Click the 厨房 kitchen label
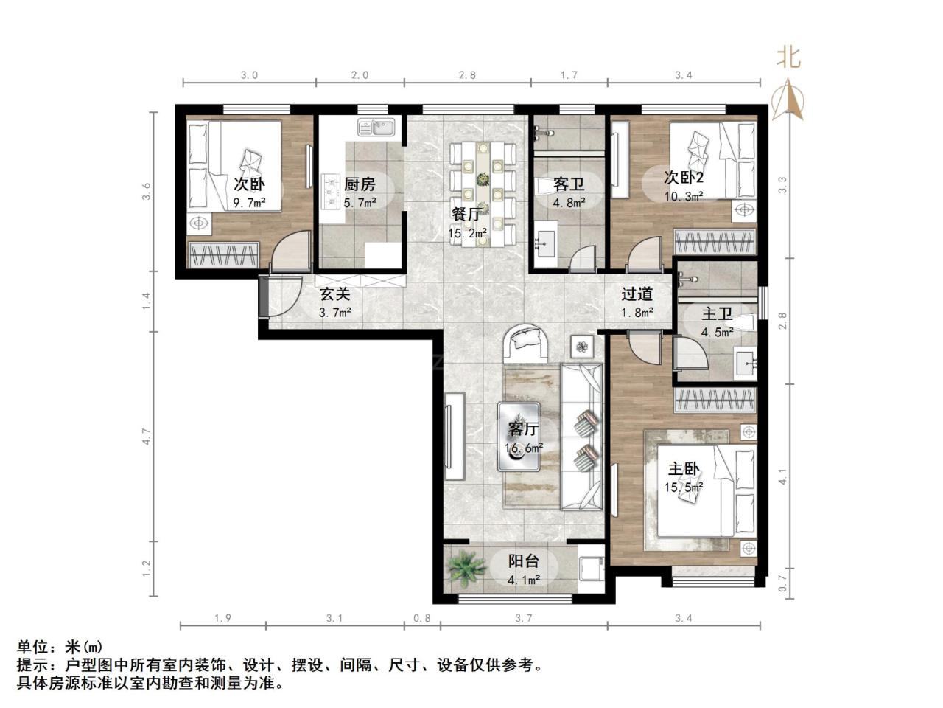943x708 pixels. (x=360, y=185)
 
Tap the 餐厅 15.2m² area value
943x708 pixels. (x=468, y=234)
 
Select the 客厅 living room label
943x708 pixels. (x=523, y=428)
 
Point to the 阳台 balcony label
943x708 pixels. (x=523, y=561)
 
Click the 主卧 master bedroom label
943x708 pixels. (x=683, y=469)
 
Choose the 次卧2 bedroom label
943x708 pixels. (x=684, y=177)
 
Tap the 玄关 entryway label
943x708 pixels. (x=334, y=294)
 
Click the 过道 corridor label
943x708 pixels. (x=637, y=294)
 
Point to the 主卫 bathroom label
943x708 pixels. (x=717, y=314)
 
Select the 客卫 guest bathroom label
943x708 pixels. (x=568, y=185)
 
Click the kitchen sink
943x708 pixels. (x=376, y=128)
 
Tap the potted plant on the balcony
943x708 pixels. (x=466, y=567)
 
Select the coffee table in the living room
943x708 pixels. (x=519, y=437)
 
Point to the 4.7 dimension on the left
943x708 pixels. (x=147, y=437)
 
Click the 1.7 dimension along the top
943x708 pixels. (x=569, y=76)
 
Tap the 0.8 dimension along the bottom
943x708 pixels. (x=422, y=618)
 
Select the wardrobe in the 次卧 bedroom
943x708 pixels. (x=223, y=255)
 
